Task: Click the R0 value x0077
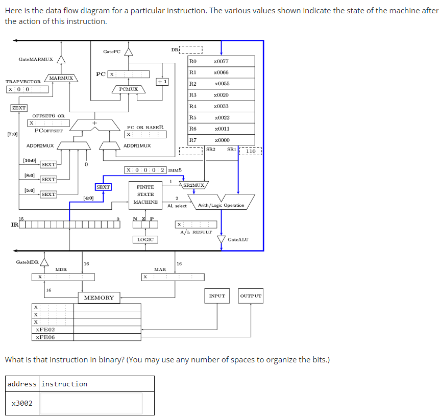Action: click(221, 61)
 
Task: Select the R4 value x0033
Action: click(221, 106)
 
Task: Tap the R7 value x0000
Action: click(221, 140)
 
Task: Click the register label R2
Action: click(192, 84)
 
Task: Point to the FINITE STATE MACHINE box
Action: click(145, 194)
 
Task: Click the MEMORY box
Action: click(99, 298)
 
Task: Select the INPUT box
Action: click(217, 296)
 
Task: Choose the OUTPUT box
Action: click(251, 296)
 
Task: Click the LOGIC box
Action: click(146, 239)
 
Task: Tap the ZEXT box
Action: click(19, 108)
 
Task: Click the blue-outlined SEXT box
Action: click(103, 187)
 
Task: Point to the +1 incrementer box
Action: click(162, 82)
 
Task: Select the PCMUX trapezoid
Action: click(129, 89)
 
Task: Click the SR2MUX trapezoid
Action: click(194, 185)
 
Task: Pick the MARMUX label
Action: click(61, 78)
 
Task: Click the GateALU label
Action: click(238, 239)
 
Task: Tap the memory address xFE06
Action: click(45, 337)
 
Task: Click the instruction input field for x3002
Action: click(91, 403)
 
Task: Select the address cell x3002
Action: click(22, 403)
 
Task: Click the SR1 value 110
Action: click(251, 152)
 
